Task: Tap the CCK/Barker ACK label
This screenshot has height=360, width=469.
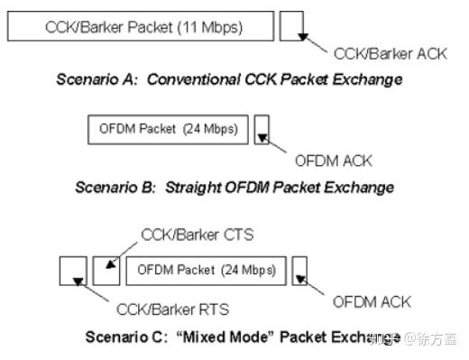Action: point(389,53)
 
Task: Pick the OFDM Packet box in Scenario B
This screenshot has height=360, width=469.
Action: point(168,129)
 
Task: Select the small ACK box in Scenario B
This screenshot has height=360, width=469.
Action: point(262,129)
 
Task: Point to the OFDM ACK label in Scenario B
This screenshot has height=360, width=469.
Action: point(333,161)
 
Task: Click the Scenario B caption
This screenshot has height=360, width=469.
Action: point(234,188)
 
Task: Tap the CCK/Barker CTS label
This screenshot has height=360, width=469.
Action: point(198,235)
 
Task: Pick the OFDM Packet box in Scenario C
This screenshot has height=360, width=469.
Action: point(207,269)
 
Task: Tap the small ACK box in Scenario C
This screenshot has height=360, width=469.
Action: point(301,270)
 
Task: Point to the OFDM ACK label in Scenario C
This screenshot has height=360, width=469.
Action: point(372,301)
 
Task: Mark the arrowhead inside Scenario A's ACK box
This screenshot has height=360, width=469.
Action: point(305,36)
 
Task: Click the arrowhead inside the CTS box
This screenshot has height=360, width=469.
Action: point(111,264)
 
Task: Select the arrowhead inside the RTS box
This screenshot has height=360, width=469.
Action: point(78,280)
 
